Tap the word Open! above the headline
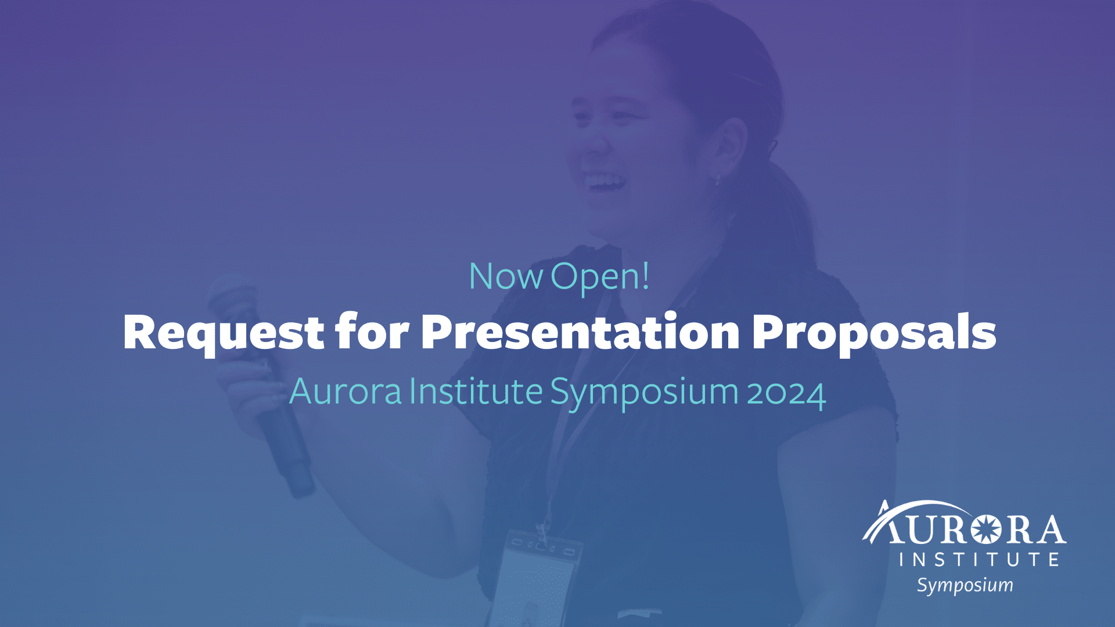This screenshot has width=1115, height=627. tap(599, 278)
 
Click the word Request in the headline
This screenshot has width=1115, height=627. tap(223, 333)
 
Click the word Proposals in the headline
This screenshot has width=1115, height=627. tap(873, 333)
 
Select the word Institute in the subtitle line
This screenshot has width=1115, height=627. tap(476, 391)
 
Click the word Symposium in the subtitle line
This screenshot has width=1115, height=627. tap(643, 392)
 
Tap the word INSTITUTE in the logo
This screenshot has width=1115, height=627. tap(979, 559)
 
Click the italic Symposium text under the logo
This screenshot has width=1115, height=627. tap(965, 585)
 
